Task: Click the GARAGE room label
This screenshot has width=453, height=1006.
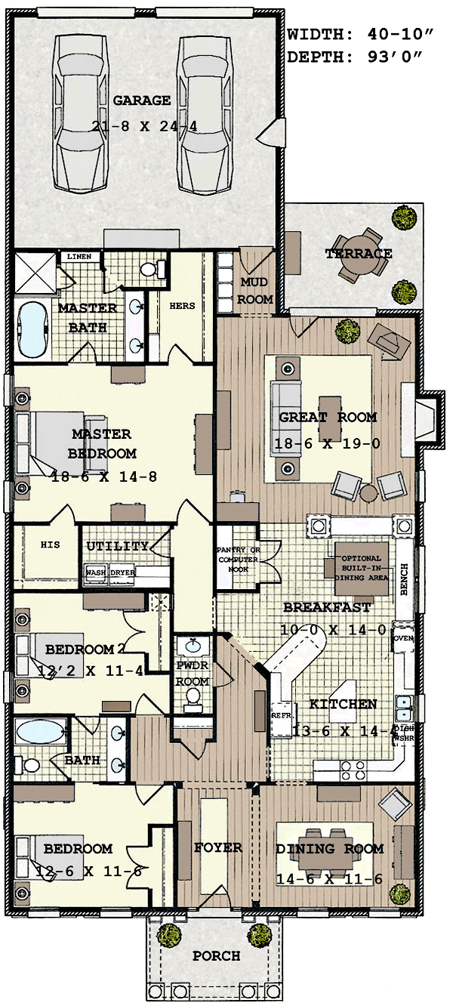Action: pos(142,100)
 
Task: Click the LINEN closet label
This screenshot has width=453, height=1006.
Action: pos(79,257)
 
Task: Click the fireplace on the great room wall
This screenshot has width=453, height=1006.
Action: pos(426,417)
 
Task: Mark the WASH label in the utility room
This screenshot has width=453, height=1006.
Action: pos(95,572)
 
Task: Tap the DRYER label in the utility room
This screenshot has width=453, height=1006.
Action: pos(122,572)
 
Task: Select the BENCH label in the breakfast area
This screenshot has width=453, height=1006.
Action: pos(404,579)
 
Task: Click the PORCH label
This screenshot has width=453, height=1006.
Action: pos(216,955)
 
